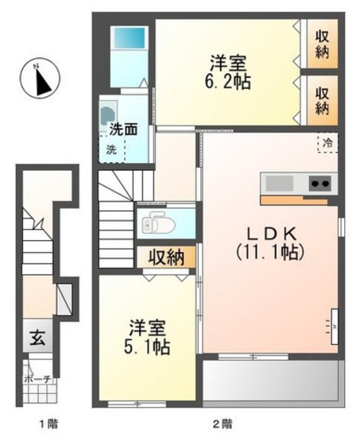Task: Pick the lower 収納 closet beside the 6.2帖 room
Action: click(323, 95)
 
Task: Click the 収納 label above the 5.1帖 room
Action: click(166, 257)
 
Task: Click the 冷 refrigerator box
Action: click(327, 144)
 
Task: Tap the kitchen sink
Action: click(279, 184)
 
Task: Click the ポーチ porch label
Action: click(37, 380)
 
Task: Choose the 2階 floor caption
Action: click(223, 424)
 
